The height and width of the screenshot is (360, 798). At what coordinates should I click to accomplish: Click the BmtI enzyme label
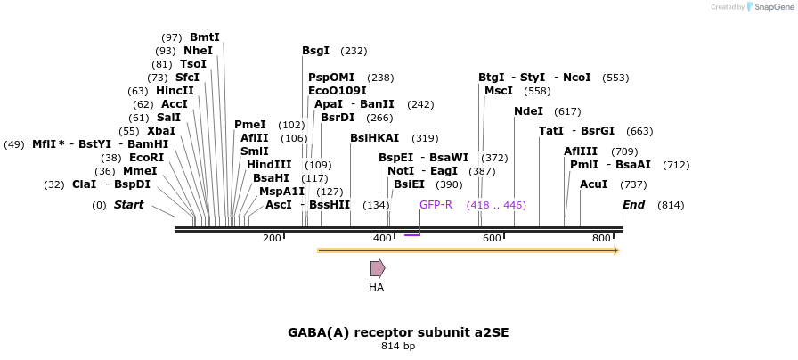click(204, 37)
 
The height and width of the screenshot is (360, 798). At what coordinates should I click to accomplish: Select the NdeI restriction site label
click(528, 111)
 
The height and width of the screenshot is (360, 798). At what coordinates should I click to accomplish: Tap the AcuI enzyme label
click(593, 184)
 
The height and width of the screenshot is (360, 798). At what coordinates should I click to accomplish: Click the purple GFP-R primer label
click(436, 205)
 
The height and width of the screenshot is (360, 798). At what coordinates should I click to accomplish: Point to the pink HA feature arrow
click(378, 268)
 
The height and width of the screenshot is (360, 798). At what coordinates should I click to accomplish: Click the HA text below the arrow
click(376, 288)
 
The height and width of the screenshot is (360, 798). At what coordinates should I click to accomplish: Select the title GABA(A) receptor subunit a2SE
click(398, 332)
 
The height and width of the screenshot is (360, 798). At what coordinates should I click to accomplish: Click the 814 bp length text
click(398, 346)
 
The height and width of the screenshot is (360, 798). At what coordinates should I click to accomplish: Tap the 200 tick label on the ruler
click(272, 238)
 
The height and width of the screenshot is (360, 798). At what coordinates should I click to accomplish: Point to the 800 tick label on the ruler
click(601, 238)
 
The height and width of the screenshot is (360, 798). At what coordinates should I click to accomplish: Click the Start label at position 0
click(128, 205)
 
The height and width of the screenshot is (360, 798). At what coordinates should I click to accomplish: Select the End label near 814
click(633, 205)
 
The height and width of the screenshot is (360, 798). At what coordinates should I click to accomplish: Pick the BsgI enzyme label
click(315, 51)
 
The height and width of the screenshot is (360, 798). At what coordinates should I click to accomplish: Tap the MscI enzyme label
click(498, 91)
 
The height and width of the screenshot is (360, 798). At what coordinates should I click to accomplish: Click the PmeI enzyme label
click(249, 125)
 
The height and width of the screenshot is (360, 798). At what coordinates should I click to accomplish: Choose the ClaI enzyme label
click(84, 184)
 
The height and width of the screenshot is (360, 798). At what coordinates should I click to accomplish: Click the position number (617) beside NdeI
click(567, 111)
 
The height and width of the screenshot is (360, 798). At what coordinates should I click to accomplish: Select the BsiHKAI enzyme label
click(374, 138)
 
